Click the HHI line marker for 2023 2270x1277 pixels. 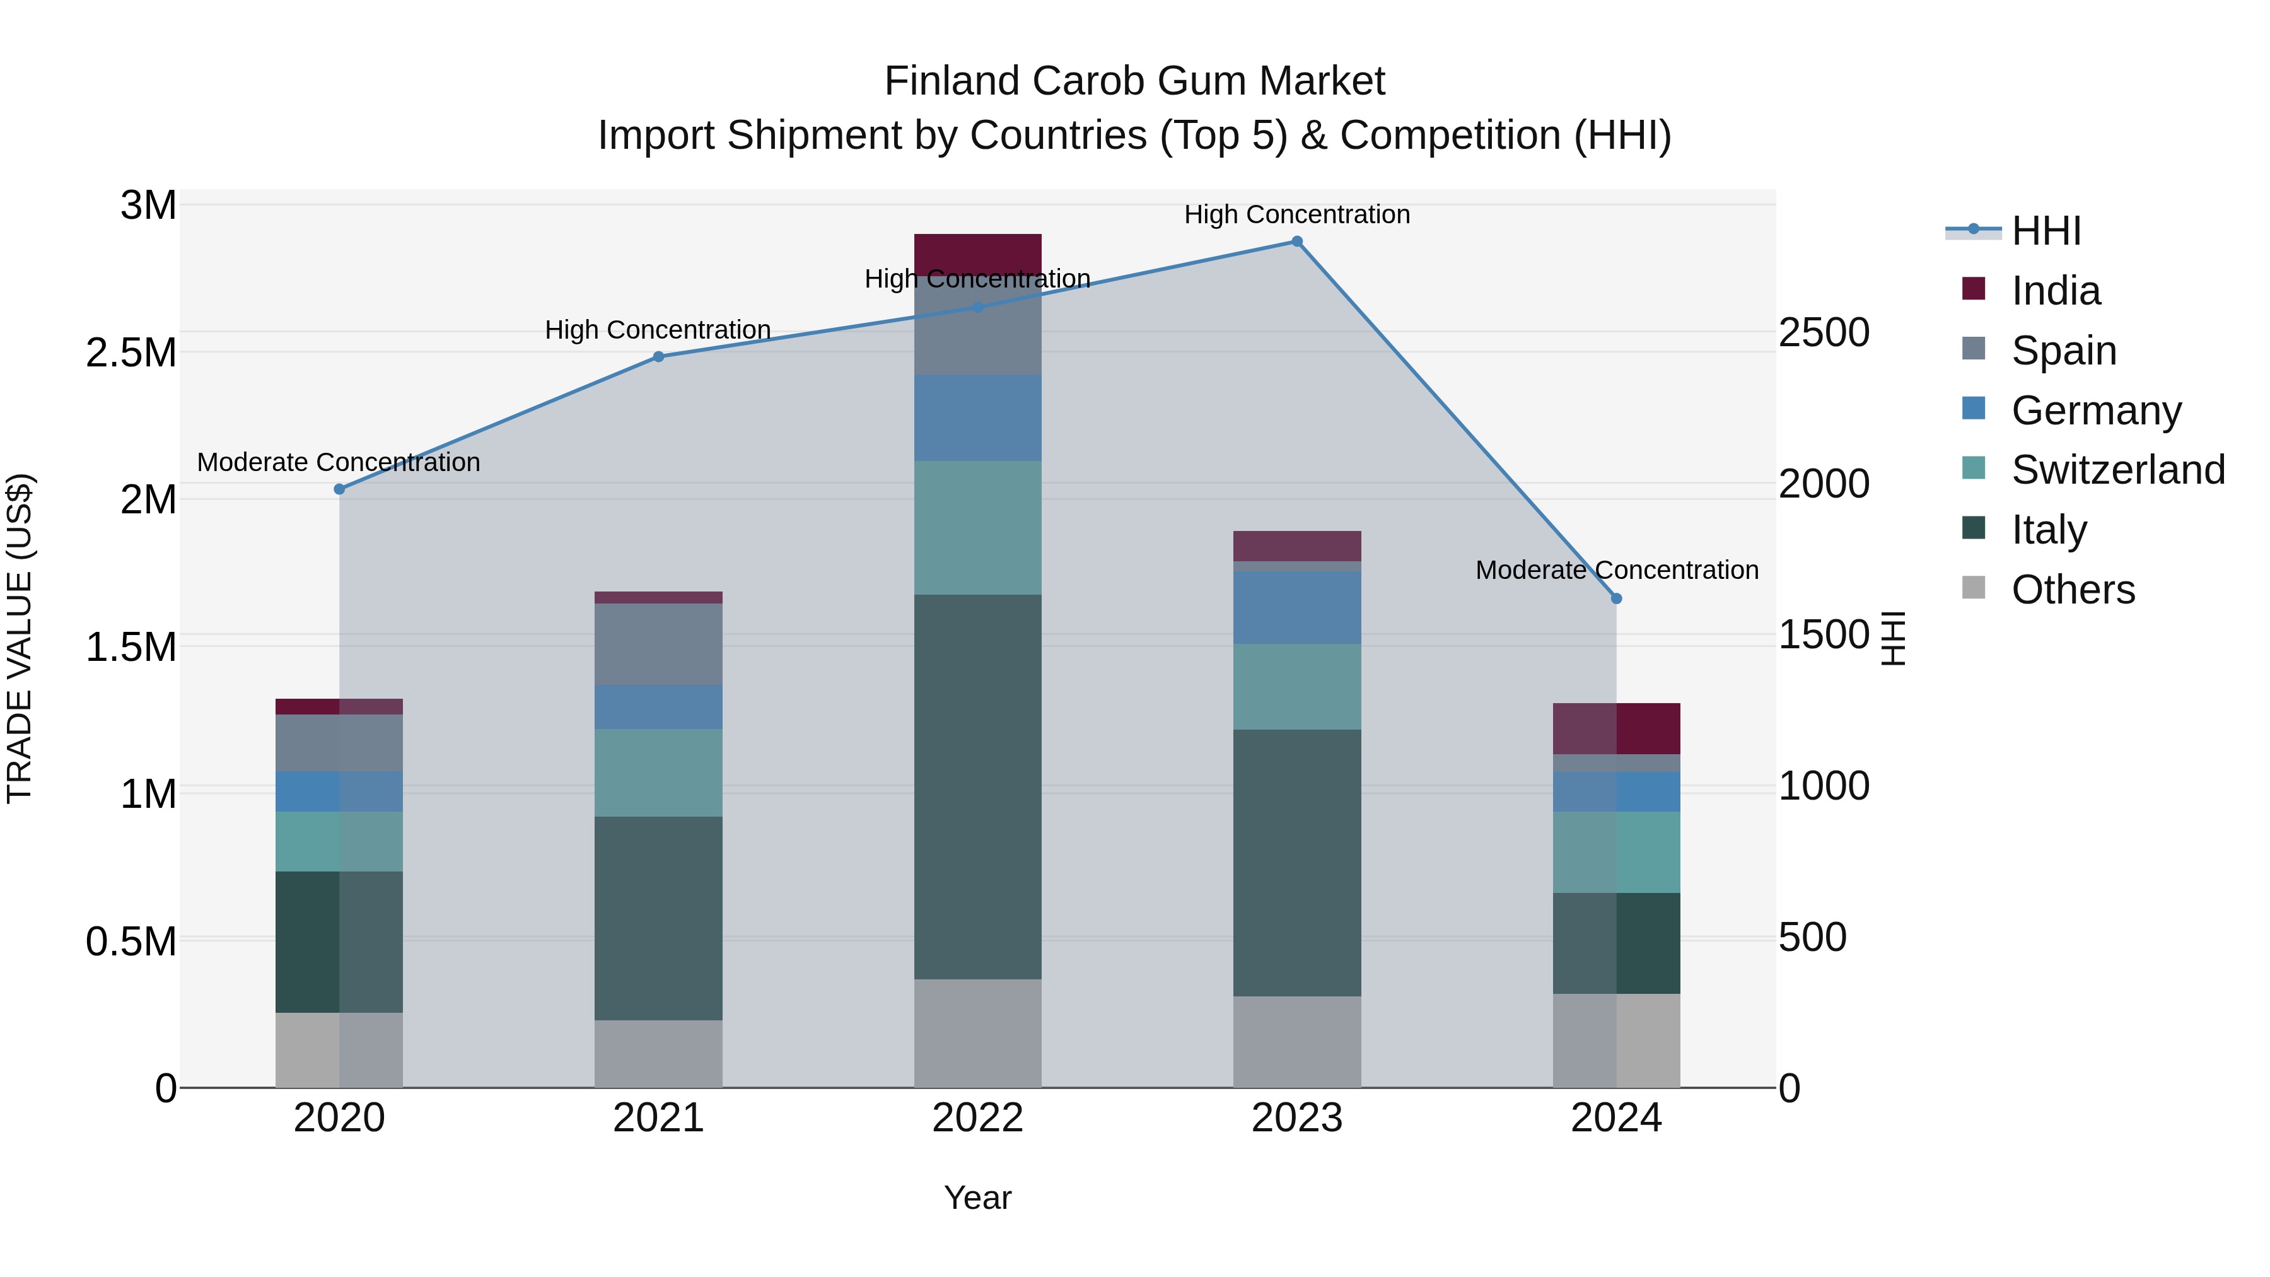1296,242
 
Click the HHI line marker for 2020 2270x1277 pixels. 339,489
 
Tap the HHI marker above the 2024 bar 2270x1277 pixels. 1616,598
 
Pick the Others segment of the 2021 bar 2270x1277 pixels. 658,1053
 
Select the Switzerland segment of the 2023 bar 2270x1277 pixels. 1296,687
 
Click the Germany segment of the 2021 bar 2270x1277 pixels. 658,707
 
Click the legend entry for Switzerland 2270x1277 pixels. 2117,470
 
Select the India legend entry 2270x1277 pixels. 2055,291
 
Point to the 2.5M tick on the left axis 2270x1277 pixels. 131,353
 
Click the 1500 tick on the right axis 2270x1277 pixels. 1823,634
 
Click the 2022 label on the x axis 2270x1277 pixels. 977,1118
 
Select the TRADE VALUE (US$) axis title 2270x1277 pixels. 20,638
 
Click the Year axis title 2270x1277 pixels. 977,1198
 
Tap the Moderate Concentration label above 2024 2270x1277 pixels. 1616,570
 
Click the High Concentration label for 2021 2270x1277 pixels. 658,330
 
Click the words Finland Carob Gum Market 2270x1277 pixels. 1134,81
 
